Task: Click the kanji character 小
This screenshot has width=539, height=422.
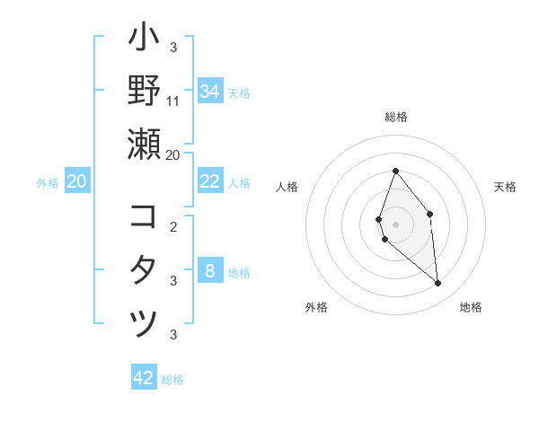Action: pyautogui.click(x=145, y=40)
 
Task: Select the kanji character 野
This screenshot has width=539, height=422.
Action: pyautogui.click(x=145, y=91)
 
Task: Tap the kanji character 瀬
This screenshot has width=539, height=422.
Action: pyautogui.click(x=145, y=144)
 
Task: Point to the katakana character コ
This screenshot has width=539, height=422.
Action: pyautogui.click(x=144, y=217)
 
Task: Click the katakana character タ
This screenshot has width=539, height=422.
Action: pyautogui.click(x=145, y=270)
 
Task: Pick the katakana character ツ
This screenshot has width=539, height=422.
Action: pyautogui.click(x=145, y=324)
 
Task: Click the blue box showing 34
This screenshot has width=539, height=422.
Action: pyautogui.click(x=209, y=91)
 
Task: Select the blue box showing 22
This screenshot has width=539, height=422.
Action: pyautogui.click(x=209, y=181)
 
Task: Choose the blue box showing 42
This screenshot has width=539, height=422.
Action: pyautogui.click(x=144, y=378)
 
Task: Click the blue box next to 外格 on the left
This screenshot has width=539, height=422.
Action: pyautogui.click(x=76, y=181)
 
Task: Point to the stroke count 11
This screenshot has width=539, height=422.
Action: pyautogui.click(x=173, y=101)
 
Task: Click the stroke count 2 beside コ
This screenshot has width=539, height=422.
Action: pyautogui.click(x=173, y=226)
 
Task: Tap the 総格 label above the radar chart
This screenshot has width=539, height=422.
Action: pyautogui.click(x=395, y=117)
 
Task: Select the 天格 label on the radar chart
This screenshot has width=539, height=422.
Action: pyautogui.click(x=506, y=187)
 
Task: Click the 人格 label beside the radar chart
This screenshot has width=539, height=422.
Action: pyautogui.click(x=287, y=187)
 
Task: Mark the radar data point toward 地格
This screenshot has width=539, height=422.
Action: pyautogui.click(x=438, y=284)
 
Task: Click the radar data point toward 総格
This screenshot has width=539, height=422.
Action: pyautogui.click(x=395, y=171)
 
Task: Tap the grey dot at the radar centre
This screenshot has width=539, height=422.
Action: pyautogui.click(x=395, y=224)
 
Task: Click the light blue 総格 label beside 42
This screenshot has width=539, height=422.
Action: pyautogui.click(x=172, y=380)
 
